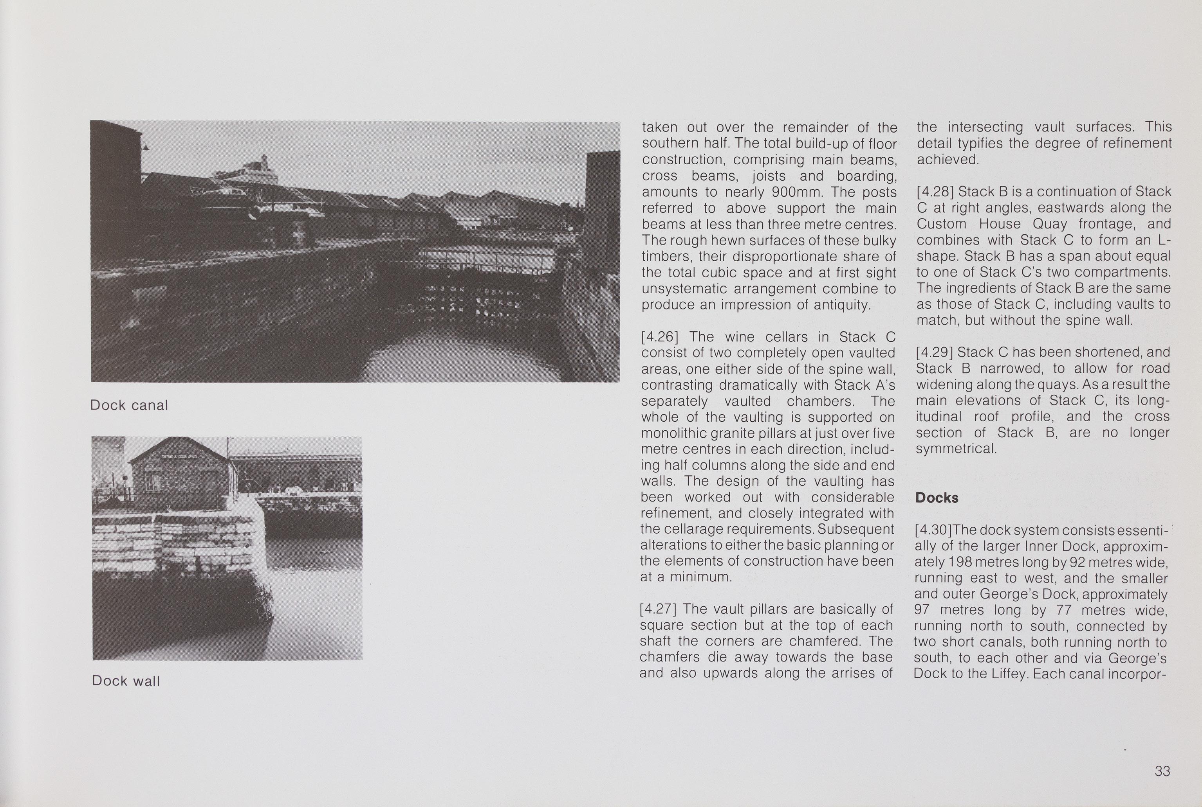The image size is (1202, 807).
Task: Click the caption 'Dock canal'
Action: [x=129, y=406]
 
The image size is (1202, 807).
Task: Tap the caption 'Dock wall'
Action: [x=126, y=681]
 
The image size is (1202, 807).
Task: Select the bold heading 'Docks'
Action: [x=937, y=498]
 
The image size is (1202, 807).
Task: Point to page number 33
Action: [x=1162, y=771]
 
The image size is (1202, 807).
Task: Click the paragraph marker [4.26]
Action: [x=658, y=337]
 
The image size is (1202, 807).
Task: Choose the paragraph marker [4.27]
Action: [x=657, y=609]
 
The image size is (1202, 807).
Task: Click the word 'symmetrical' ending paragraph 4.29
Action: [x=956, y=449]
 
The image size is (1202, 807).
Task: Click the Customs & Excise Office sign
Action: [x=179, y=457]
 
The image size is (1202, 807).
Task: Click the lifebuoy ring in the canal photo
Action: [x=254, y=212]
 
